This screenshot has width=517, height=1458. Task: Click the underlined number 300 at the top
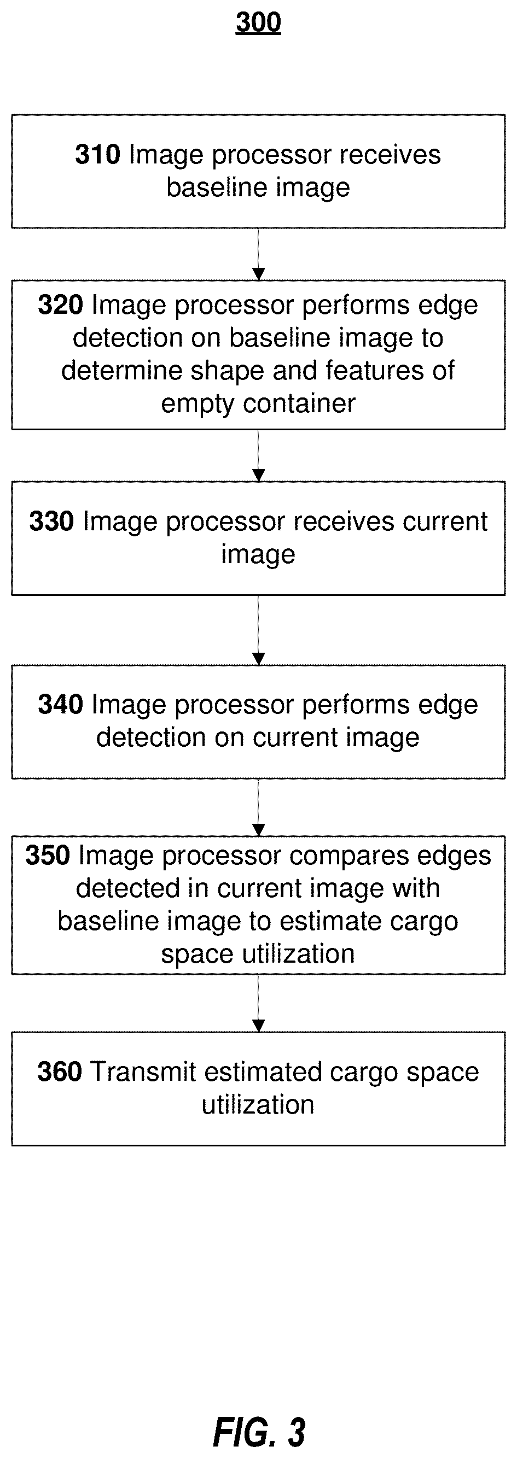258,22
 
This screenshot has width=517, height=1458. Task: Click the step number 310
97,155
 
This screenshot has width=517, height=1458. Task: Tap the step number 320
60,305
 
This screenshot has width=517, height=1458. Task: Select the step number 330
51,522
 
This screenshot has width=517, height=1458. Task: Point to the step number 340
60,705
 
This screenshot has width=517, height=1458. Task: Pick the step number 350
48,855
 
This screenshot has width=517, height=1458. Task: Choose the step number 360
60,1071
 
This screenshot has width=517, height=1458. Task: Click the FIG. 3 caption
259,1432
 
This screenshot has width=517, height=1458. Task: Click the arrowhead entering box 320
258,274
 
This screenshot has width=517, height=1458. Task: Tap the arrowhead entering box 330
258,476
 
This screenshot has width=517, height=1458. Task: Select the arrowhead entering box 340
258,659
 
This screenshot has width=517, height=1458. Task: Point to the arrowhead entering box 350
258,830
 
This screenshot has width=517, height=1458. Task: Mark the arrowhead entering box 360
258,1026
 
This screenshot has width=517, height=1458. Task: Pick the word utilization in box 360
258,1104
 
